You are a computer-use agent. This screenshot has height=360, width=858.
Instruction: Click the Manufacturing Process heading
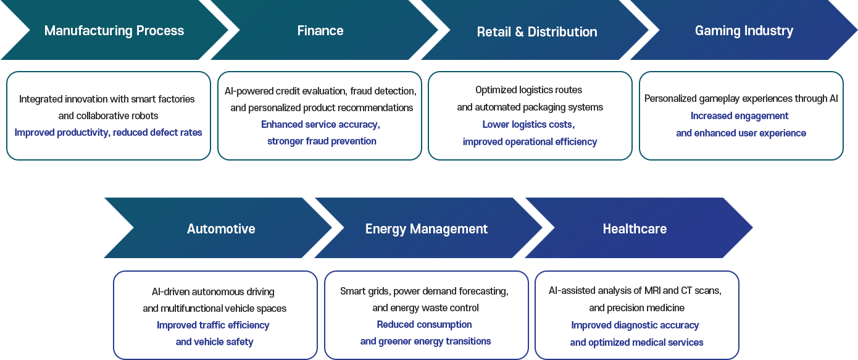pos(114,31)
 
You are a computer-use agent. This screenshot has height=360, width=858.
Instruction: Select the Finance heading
pos(320,31)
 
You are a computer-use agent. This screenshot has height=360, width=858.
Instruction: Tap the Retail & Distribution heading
pos(537,32)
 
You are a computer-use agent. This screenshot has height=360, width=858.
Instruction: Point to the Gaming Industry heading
pos(744,31)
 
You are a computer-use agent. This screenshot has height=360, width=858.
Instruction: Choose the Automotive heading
pos(221,229)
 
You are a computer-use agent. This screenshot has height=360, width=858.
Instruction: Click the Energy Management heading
pos(427,229)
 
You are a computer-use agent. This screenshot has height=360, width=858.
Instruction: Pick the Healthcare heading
pos(635,229)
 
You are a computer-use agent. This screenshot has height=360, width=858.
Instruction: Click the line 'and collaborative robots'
pos(109,116)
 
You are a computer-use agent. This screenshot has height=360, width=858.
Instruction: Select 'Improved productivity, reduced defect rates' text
pos(109,133)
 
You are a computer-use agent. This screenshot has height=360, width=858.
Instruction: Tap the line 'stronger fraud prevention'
pos(322,141)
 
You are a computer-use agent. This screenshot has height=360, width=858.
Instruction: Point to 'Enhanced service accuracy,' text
pos(320,125)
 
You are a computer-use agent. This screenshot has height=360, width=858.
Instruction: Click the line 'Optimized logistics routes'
pos(529,90)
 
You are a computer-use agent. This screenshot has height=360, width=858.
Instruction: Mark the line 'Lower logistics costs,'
pos(528,125)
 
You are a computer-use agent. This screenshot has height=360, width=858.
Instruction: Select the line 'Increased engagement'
pos(740,116)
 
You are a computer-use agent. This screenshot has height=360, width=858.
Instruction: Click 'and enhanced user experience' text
pos(741,133)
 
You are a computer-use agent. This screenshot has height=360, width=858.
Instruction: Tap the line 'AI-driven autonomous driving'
pos(214,292)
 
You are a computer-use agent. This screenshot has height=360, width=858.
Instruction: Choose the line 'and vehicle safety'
pos(214,342)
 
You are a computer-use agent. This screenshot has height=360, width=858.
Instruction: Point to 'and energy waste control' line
pos(425,308)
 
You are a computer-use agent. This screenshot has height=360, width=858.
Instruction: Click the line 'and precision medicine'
pos(636,308)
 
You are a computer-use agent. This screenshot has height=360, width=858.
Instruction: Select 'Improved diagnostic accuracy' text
pos(635,325)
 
